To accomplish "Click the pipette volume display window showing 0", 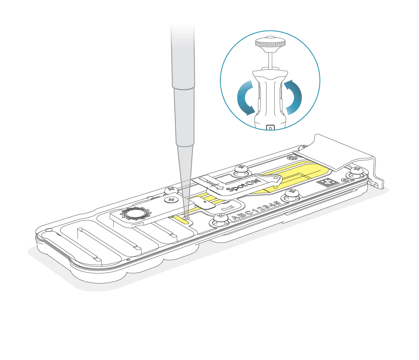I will (270, 127).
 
